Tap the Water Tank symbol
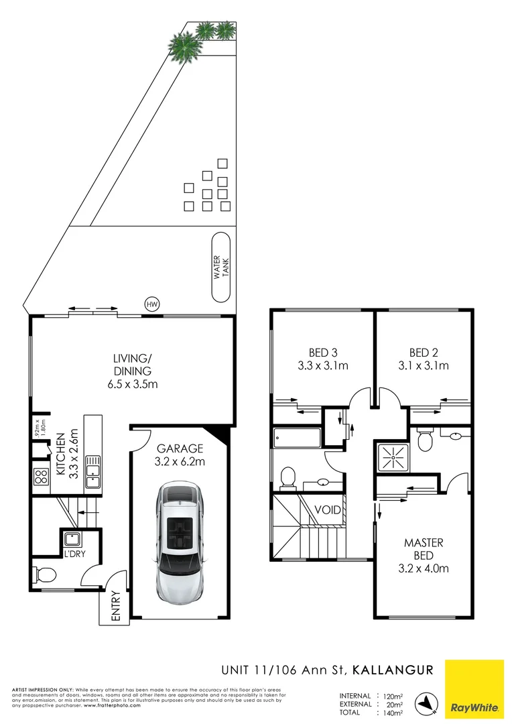pyautogui.click(x=221, y=267)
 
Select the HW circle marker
pyautogui.click(x=153, y=304)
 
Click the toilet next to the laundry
pyautogui.click(x=45, y=575)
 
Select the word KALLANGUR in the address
pyautogui.click(x=393, y=669)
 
